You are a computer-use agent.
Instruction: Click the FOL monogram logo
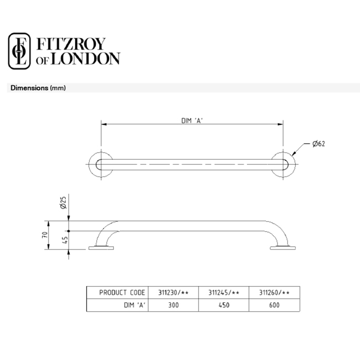click(x=19, y=51)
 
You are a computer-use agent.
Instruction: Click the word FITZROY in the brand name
click(x=71, y=44)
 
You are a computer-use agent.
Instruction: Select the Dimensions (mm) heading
click(x=38, y=88)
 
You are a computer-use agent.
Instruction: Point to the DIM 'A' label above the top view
click(x=192, y=121)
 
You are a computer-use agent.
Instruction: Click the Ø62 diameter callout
click(x=319, y=144)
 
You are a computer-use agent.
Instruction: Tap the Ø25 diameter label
click(x=63, y=202)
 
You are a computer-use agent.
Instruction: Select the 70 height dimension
click(x=45, y=235)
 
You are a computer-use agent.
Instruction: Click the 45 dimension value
click(x=65, y=240)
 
